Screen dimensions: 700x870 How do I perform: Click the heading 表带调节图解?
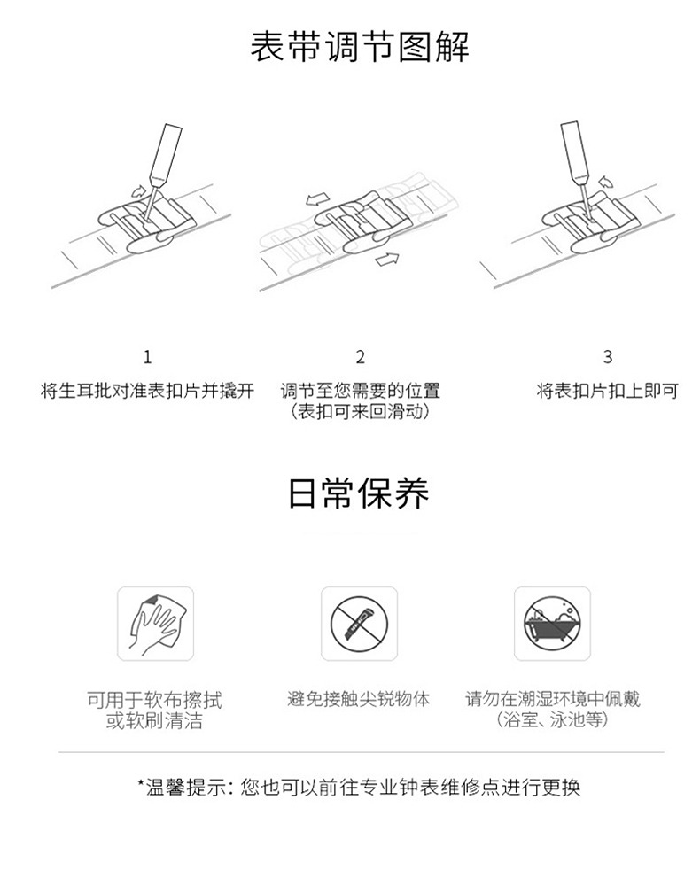coord(360,46)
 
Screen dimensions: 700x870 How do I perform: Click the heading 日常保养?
coord(359,493)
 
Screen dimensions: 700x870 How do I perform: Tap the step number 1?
coord(147,357)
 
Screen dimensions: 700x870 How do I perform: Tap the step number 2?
coord(361,357)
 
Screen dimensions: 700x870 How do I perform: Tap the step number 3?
coord(607,357)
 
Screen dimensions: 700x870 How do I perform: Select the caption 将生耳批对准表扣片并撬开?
coord(148,391)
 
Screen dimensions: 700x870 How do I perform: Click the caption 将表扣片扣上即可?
coord(607,391)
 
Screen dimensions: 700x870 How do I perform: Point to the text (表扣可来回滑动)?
coord(361,412)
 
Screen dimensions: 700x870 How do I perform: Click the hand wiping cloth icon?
coord(155,624)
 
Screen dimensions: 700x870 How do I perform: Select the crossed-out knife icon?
coord(359,624)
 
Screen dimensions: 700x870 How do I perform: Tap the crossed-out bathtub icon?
coord(552,624)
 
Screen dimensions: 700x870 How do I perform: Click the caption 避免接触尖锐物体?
coord(359,699)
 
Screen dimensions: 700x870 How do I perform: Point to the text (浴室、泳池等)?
coord(552,720)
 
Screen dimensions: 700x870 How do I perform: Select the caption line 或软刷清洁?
coord(155,721)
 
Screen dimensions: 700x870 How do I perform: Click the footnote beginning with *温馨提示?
coord(359,787)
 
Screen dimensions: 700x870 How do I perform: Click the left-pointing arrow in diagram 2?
coord(317,198)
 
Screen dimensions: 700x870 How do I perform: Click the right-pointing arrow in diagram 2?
coord(387,258)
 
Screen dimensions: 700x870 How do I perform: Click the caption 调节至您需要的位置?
coord(361,391)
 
